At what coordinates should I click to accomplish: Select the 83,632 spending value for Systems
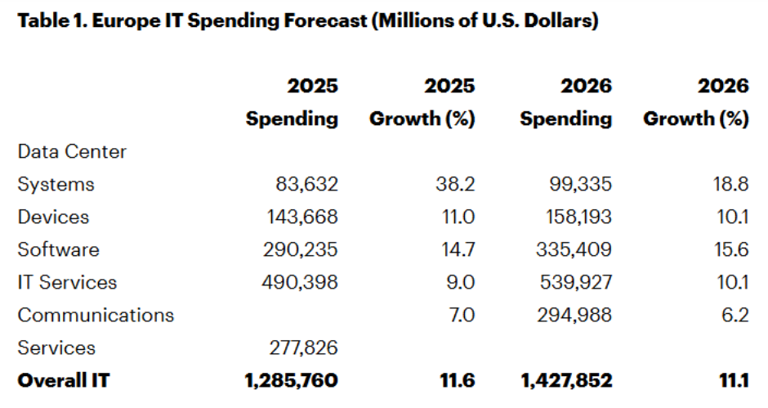pyautogui.click(x=306, y=185)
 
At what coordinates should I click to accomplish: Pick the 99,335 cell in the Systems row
pyautogui.click(x=579, y=185)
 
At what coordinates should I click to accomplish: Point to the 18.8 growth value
pyautogui.click(x=730, y=185)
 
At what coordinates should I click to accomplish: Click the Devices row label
pyautogui.click(x=53, y=217)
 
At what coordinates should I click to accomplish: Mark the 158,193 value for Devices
pyautogui.click(x=576, y=217)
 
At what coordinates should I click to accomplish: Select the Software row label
pyautogui.click(x=58, y=250)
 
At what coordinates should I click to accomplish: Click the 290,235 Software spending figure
pyautogui.click(x=300, y=250)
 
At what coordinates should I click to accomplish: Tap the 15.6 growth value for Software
pyautogui.click(x=730, y=250)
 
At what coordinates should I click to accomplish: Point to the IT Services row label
pyautogui.click(x=67, y=283)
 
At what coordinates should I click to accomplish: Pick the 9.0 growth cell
pyautogui.click(x=460, y=283)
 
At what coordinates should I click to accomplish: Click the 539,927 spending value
pyautogui.click(x=576, y=283)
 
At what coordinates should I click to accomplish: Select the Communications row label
pyautogui.click(x=96, y=316)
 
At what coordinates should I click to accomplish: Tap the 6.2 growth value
pyautogui.click(x=735, y=316)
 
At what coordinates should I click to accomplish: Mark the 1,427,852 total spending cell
pyautogui.click(x=565, y=381)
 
